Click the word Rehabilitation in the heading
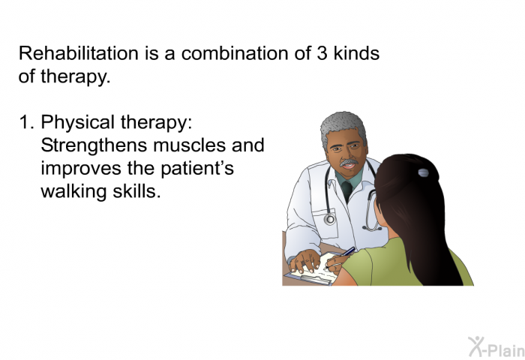78,53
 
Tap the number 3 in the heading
322,53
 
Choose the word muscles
189,145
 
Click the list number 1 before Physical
26,122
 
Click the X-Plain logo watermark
496,347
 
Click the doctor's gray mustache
349,163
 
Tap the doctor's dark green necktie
347,190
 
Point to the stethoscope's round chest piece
330,219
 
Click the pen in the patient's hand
340,256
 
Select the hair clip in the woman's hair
424,172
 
